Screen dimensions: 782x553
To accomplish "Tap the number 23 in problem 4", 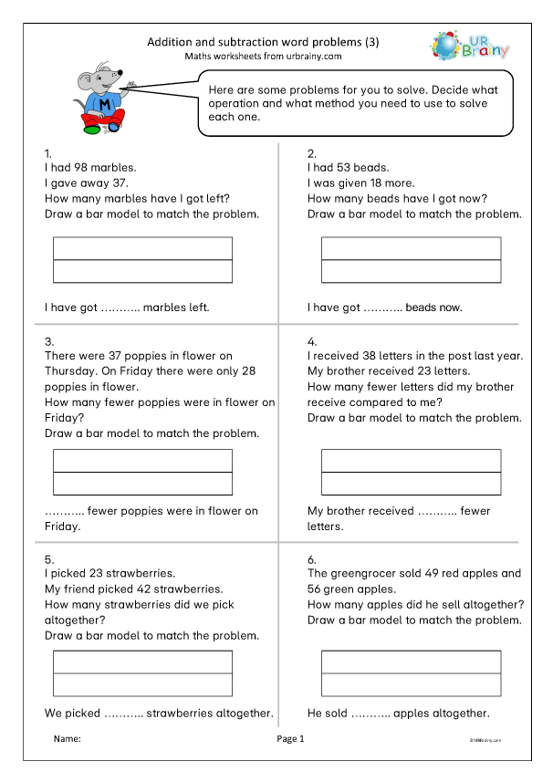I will [x=430, y=371].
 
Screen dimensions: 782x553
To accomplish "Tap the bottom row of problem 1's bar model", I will [x=143, y=272].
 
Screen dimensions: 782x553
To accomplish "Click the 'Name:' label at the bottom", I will [x=68, y=738].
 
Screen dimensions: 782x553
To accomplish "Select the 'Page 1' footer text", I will [x=290, y=738].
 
